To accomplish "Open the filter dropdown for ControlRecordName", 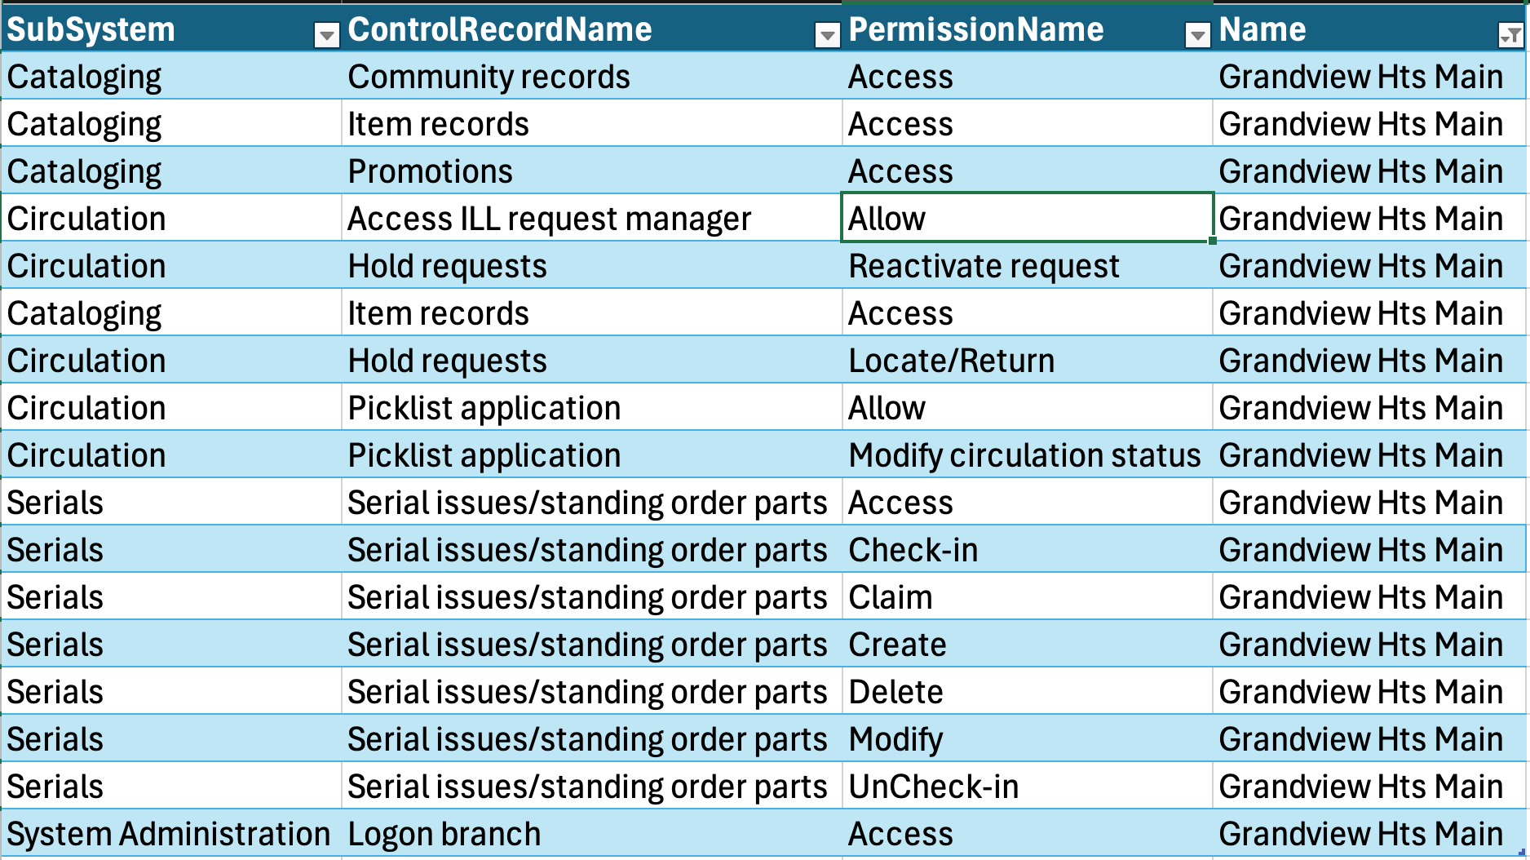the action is [827, 34].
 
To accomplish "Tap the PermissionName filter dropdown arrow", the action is [1197, 34].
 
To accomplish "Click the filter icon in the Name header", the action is [1510, 34].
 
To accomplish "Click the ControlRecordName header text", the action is [499, 29].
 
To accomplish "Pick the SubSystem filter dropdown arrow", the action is [326, 34].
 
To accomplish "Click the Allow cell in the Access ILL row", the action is [1027, 218].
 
